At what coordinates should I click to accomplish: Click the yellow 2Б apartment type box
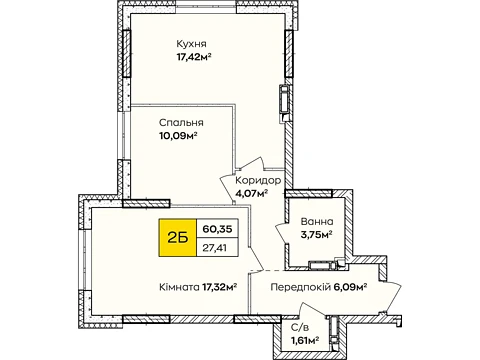[178, 238]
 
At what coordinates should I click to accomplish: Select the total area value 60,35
[217, 229]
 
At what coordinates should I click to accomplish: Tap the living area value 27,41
[217, 247]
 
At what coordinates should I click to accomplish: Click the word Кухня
[191, 44]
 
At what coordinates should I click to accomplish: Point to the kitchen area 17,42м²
[194, 57]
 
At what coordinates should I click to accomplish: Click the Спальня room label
[181, 123]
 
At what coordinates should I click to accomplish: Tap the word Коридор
[258, 181]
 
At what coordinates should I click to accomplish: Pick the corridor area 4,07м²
[252, 193]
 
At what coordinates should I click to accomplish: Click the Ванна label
[317, 222]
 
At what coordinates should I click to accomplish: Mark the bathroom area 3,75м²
[317, 234]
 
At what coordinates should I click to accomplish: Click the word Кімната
[179, 287]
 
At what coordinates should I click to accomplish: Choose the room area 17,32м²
[220, 287]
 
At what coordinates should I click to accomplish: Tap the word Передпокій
[300, 287]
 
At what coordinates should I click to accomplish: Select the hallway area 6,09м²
[350, 287]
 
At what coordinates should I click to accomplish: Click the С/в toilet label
[300, 328]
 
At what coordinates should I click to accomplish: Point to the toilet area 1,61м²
[305, 340]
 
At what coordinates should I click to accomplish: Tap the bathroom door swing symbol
[283, 233]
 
